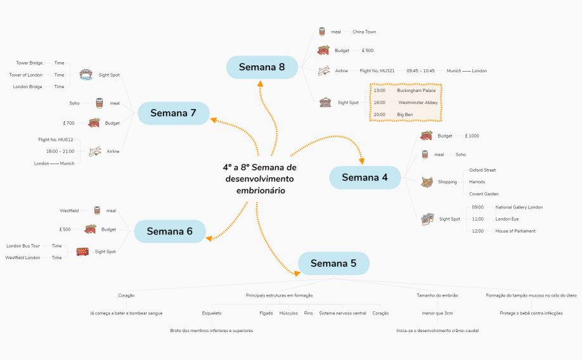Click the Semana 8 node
(262, 67)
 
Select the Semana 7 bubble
(173, 113)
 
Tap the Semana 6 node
(170, 231)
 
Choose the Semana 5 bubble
(333, 263)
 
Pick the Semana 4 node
(365, 177)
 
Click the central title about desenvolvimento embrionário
(260, 179)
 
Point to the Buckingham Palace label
(416, 91)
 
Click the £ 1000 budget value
(472, 136)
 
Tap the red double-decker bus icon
(82, 252)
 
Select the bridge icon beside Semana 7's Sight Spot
(86, 74)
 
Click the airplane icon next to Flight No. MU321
(324, 70)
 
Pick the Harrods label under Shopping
(477, 182)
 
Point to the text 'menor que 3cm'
(437, 313)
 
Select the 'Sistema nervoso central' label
(342, 313)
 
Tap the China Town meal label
(364, 32)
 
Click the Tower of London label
(25, 75)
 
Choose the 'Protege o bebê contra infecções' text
(531, 313)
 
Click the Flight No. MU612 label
(56, 140)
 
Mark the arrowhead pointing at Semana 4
(361, 162)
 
